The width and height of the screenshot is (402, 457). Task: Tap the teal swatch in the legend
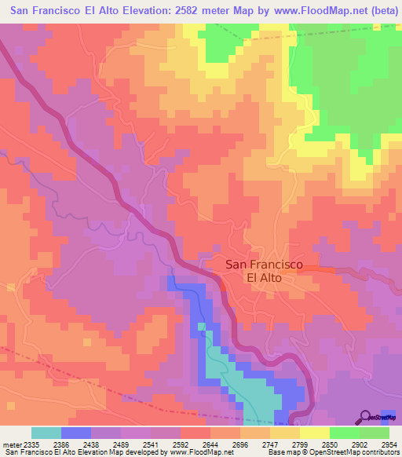[46, 433]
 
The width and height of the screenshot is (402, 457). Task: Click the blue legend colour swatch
[76, 433]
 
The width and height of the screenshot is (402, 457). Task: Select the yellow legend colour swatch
[314, 433]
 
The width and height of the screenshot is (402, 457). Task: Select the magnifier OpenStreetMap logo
[367, 417]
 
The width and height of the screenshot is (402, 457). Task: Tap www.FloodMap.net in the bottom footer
[192, 453]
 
